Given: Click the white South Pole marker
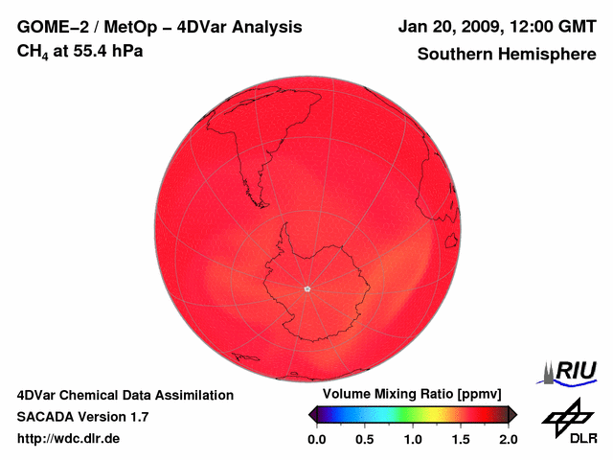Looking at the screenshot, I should pos(306,287).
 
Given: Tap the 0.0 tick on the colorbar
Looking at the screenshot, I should pos(316,439).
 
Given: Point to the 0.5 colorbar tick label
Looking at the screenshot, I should pos(364,439).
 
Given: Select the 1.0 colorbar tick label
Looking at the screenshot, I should pos(413,439).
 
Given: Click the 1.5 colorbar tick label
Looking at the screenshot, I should pos(461,439).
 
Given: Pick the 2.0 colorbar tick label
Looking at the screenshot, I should pos(508,439).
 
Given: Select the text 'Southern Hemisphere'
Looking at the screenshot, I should pos(507,55).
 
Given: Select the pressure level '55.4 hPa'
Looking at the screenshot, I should pos(104,51).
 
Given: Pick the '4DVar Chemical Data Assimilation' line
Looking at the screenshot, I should pos(125,395).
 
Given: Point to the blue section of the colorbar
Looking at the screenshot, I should pos(340,414).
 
